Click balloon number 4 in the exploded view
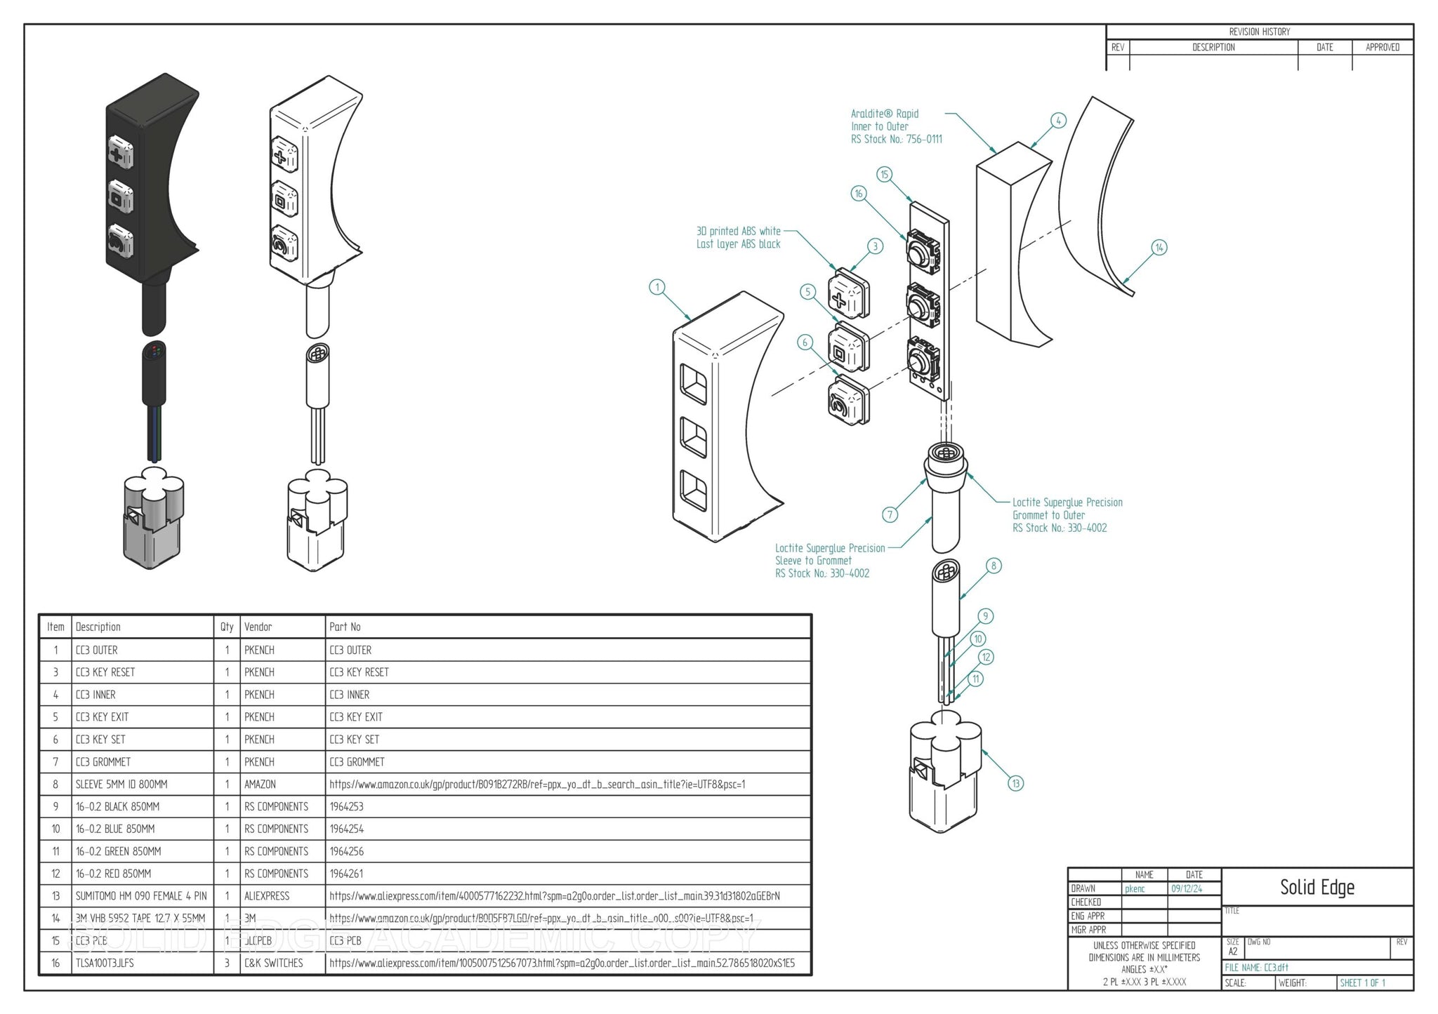point(1058,121)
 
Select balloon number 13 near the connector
point(1015,783)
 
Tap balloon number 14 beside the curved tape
point(1159,247)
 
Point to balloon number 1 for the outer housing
point(657,287)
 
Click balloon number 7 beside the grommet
point(890,514)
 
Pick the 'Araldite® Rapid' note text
point(885,114)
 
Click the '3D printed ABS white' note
point(738,231)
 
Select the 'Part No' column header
point(345,627)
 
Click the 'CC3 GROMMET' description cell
point(103,761)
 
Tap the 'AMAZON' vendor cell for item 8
point(260,784)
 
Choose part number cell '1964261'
point(347,874)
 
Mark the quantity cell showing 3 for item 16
point(227,963)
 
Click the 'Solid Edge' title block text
point(1317,887)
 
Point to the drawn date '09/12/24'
point(1187,888)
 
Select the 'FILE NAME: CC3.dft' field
point(1257,968)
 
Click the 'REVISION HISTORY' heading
point(1259,32)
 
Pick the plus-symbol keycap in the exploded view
point(847,292)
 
